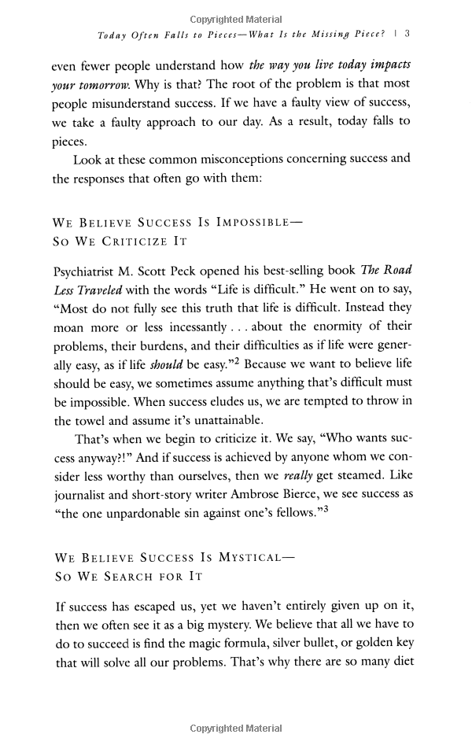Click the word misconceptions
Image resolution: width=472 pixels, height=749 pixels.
click(244, 158)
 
